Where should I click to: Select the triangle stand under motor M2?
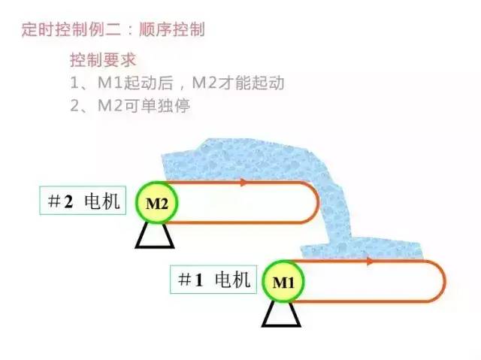[x=155, y=237]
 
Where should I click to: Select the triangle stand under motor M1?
[x=281, y=315]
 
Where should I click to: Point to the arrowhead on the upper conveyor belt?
[x=245, y=183]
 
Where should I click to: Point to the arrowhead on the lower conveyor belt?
[x=371, y=262]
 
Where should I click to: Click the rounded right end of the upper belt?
[x=310, y=202]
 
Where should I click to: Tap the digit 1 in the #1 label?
[x=199, y=280]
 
